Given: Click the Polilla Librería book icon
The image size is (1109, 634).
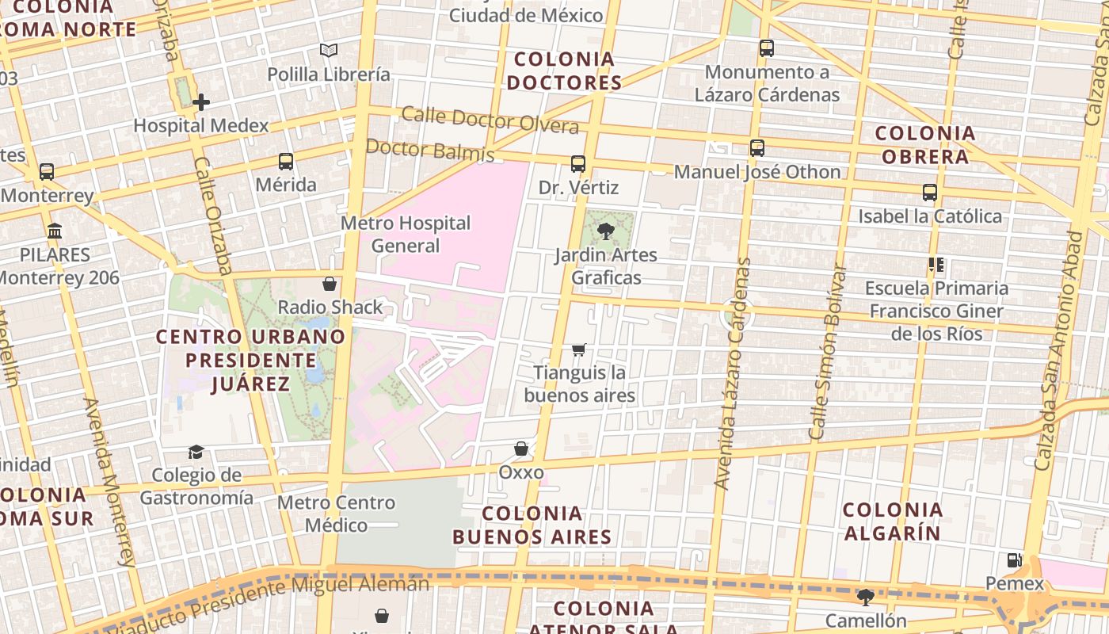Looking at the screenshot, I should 329,51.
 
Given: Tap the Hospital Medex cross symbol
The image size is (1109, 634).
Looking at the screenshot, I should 201,101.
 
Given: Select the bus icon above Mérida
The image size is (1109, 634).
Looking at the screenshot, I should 286,162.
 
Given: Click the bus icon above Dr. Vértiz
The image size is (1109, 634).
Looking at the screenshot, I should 578,164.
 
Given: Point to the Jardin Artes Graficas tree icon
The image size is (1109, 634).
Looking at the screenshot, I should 606,231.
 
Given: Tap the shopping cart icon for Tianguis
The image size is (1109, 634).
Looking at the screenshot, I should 579,349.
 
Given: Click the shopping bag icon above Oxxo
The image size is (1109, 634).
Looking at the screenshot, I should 521,449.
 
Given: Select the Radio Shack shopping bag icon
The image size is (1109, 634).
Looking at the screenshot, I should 330,284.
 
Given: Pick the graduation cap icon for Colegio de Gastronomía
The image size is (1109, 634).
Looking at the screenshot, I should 196,452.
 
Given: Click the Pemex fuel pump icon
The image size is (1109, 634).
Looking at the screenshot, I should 1014,560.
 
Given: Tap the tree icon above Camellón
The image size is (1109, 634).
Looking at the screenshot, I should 866,597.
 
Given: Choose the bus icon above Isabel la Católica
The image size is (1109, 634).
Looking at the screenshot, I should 930,193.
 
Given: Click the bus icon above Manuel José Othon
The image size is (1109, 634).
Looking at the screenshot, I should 757,148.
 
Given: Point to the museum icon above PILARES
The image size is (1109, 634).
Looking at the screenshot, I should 55,231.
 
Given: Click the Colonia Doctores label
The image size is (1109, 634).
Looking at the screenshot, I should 564,71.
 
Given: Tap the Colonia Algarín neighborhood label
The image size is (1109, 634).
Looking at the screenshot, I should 892,521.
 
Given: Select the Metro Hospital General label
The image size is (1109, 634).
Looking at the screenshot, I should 406,234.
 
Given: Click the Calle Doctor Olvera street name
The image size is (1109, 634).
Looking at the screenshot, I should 490,120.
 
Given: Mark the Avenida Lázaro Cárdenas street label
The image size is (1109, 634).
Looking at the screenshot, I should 732,372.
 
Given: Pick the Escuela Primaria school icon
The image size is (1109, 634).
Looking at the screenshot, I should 936,265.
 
